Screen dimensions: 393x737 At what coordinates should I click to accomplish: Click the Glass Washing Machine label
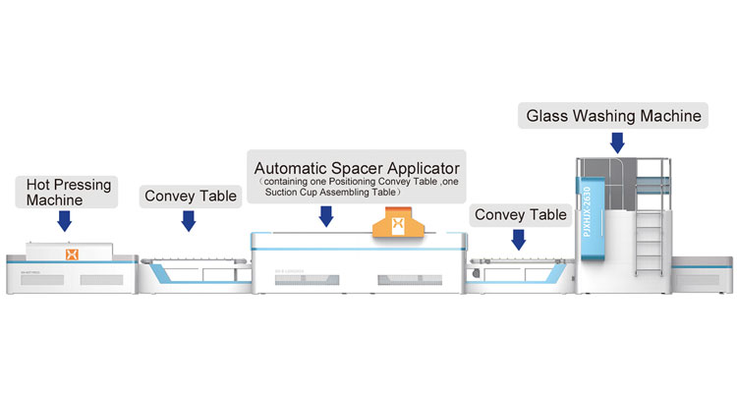click(x=614, y=116)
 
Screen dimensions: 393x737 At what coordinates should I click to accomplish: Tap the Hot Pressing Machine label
click(x=65, y=193)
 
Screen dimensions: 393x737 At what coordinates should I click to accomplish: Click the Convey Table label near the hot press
click(x=191, y=196)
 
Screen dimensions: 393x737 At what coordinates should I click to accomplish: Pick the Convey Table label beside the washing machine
click(x=520, y=214)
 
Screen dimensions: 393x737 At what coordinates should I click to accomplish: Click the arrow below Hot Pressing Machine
click(x=65, y=221)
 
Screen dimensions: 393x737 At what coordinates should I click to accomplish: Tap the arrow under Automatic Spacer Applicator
click(x=325, y=217)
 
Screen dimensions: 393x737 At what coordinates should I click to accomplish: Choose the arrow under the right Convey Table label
click(x=519, y=239)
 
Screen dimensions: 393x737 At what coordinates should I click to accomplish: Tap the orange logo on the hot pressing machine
click(x=71, y=254)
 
